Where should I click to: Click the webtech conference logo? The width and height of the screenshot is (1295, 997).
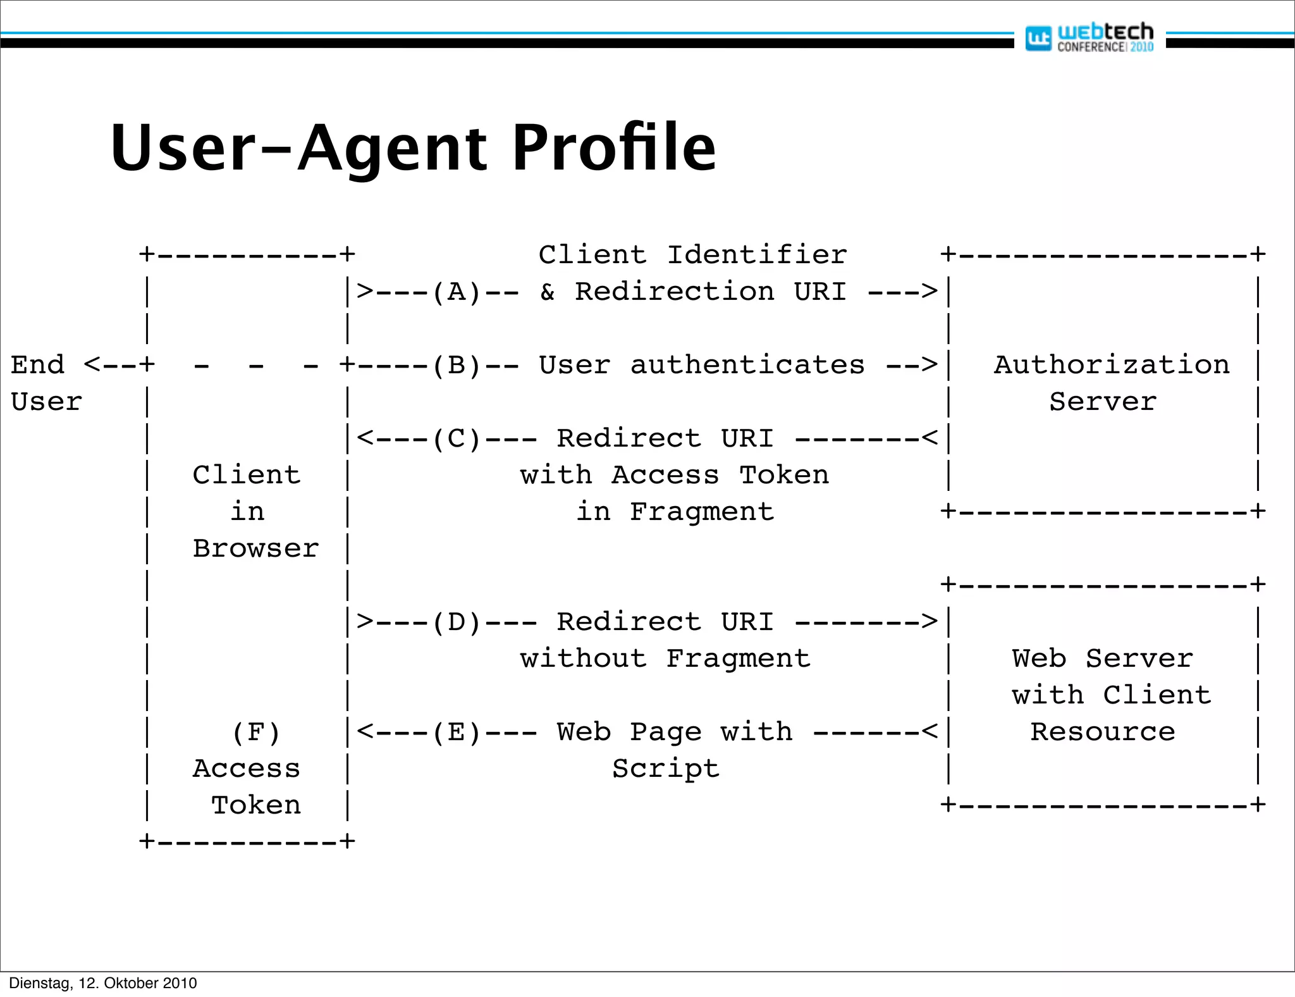pos(1089,37)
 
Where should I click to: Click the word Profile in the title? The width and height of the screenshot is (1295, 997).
pos(613,148)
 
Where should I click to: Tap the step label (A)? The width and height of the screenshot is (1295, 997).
pos(457,292)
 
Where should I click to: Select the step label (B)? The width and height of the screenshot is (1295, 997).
pos(457,366)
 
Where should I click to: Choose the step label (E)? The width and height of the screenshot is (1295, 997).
pos(457,733)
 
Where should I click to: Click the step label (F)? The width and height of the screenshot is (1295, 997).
pos(255,733)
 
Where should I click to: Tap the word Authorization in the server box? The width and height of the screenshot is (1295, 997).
pos(1112,365)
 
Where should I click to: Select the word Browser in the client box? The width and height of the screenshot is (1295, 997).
pos(255,548)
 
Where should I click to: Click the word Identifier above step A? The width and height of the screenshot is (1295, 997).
pos(757,255)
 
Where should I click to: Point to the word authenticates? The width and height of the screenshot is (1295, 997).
pos(747,366)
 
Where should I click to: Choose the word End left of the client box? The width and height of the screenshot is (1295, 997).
pos(38,365)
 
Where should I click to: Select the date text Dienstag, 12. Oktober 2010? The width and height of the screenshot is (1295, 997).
pos(103,983)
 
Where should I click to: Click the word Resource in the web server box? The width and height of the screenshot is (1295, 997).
pos(1103,732)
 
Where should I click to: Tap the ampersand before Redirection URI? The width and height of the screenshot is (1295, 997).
pos(548,292)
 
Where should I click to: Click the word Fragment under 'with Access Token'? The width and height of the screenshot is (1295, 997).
pos(702,512)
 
